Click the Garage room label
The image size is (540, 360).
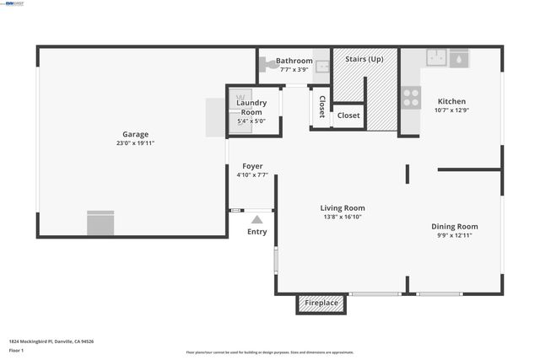[x=135, y=134]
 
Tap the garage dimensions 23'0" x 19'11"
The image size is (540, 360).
[x=135, y=143]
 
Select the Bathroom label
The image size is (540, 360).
[x=294, y=61]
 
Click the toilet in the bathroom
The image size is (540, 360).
[x=267, y=61]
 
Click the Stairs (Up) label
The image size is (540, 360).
[x=364, y=59]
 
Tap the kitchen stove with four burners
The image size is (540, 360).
[x=411, y=99]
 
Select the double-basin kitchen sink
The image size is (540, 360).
[x=436, y=57]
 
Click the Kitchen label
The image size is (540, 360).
[x=451, y=101]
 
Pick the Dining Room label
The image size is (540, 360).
[x=455, y=226]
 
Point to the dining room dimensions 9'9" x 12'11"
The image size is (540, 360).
[x=455, y=235]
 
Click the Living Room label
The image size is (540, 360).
[x=343, y=207]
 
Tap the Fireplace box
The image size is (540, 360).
[x=321, y=303]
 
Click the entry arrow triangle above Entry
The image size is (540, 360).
[x=256, y=219]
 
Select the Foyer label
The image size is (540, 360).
[x=252, y=166]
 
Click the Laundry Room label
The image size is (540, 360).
[x=252, y=107]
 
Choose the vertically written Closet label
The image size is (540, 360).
[x=321, y=106]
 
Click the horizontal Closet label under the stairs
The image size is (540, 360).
[x=348, y=116]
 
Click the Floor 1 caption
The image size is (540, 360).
[x=17, y=350]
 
